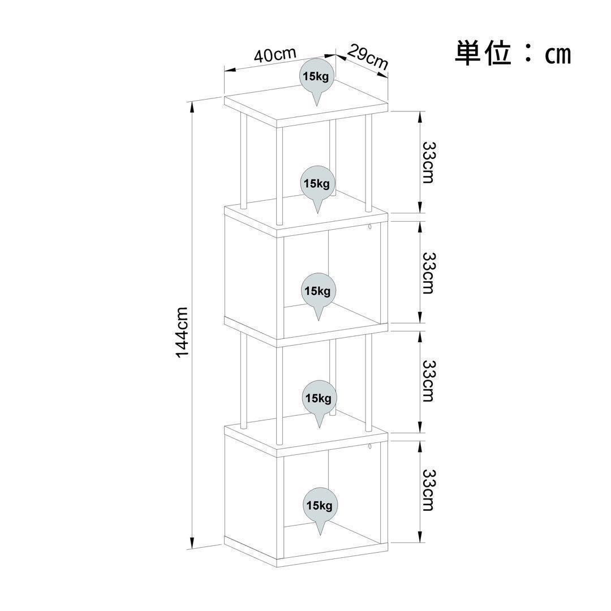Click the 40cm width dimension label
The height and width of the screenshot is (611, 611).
coord(275,55)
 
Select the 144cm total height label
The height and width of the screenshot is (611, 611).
coord(182,332)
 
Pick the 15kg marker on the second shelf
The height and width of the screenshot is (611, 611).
coord(317,184)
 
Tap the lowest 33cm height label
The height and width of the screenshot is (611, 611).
coord(428,489)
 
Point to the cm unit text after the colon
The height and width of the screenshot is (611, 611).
coord(558,55)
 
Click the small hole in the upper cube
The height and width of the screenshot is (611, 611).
coord(369,227)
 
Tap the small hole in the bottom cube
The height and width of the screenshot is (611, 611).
coord(369,448)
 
